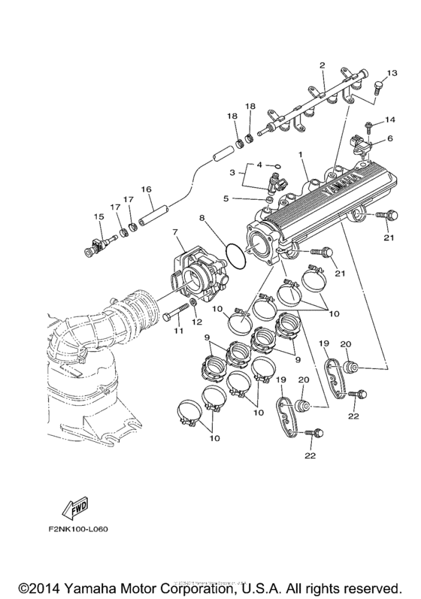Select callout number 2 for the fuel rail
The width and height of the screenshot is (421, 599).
(322, 65)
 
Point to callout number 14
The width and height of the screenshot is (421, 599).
(390, 119)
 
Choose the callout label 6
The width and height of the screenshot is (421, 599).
(389, 138)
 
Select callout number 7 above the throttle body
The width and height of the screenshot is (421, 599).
(175, 233)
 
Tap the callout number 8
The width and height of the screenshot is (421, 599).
(202, 218)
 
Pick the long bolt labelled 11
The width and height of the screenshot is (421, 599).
(176, 311)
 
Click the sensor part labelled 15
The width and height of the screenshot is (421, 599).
(98, 244)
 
